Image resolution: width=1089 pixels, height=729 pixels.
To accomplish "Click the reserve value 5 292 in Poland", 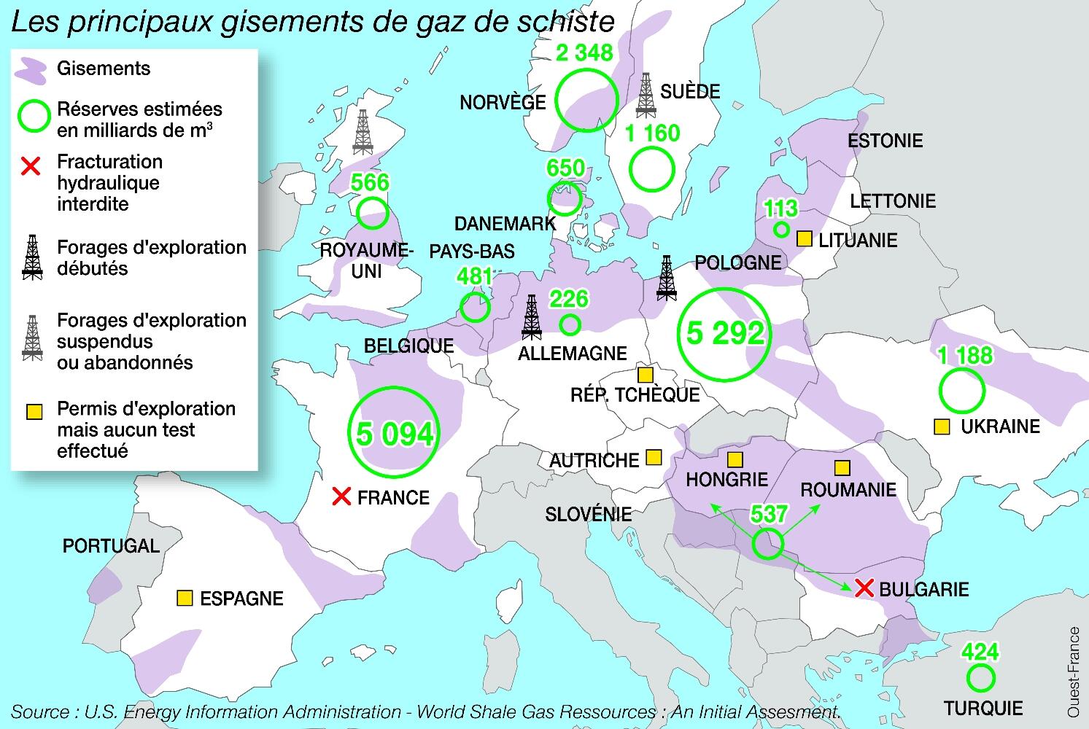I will [x=725, y=333].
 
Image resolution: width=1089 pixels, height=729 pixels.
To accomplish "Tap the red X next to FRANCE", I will [x=341, y=497].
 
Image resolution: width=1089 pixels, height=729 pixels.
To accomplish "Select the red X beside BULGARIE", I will [x=864, y=588].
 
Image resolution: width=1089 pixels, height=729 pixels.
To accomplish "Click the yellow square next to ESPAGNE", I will [x=185, y=599].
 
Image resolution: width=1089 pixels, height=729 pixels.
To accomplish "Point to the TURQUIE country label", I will [x=983, y=708].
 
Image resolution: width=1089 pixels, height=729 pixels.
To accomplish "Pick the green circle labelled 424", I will [x=980, y=677].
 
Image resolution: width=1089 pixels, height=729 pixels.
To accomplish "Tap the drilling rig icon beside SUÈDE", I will [x=646, y=95].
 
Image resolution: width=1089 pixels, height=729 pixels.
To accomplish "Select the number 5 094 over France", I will [x=395, y=434].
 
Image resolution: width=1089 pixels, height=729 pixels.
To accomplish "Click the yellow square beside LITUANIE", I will [x=804, y=239].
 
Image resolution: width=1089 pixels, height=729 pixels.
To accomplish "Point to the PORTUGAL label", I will [x=111, y=546].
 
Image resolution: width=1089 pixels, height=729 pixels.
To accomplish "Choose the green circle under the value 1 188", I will [x=961, y=391].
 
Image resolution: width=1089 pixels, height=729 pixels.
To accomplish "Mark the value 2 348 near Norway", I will [x=584, y=53].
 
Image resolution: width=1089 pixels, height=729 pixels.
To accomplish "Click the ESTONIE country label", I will [x=885, y=140].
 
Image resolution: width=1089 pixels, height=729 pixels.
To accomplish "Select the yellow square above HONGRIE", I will [x=735, y=459].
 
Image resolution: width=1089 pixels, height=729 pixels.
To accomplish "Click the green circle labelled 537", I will [x=767, y=544].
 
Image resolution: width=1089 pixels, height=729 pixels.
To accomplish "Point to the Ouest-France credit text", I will [x=1074, y=671].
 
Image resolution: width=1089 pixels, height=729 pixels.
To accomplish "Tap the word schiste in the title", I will [x=565, y=22].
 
